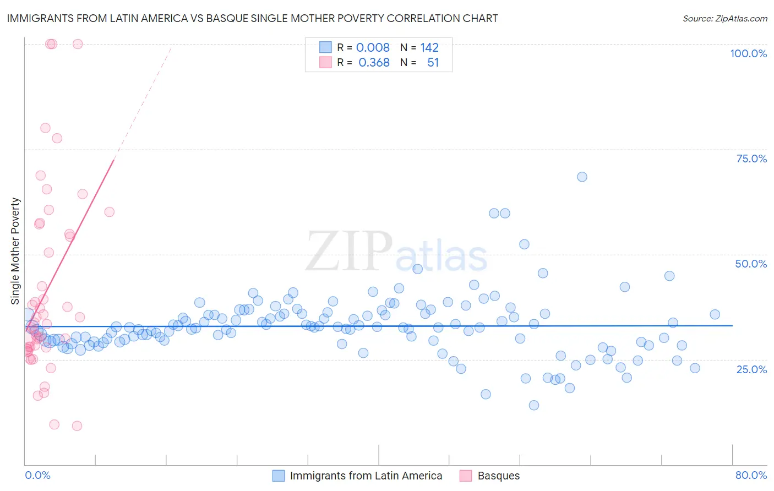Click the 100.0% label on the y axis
point(748,53)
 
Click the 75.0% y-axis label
point(751,159)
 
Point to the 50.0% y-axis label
point(751,264)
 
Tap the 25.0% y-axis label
point(751,369)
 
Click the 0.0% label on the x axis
point(37,475)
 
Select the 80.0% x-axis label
point(751,475)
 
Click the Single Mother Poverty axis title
point(15,251)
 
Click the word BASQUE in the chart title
point(226,18)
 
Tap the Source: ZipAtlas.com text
point(724,18)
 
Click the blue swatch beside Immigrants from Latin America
point(279,476)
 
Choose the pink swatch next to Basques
point(466,476)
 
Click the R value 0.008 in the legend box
point(373,48)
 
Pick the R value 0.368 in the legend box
point(374,63)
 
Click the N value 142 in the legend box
point(429,48)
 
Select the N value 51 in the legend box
point(433,63)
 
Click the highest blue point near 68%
point(582,177)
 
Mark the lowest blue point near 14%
point(533,405)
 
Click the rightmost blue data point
point(715,314)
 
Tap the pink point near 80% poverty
point(45,128)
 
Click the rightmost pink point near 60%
point(109,212)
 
